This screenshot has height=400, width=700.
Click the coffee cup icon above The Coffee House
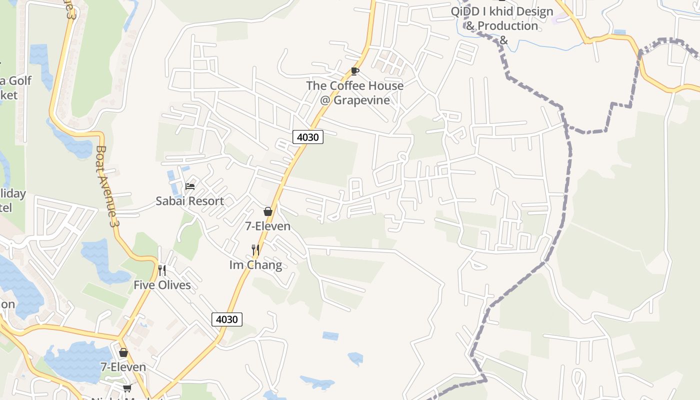355,71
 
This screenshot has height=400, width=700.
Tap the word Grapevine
361,100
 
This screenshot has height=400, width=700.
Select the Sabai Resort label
189,201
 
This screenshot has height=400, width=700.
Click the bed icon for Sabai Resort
190,186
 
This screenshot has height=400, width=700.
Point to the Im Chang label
255,265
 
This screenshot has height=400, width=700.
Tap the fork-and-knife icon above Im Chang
255,249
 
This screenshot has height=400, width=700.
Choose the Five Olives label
162,285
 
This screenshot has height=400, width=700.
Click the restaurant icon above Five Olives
162,270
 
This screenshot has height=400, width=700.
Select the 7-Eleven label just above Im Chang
267,226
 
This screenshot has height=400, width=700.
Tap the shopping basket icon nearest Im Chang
268,211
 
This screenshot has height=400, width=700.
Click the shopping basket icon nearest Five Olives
123,352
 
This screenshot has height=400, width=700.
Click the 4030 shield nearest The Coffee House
308,136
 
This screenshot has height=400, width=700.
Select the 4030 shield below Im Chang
227,319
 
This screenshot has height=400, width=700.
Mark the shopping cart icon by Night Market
127,388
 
